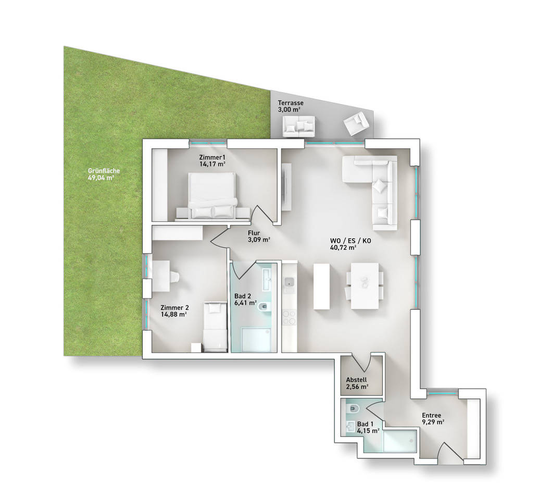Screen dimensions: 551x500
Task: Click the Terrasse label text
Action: (x=290, y=103)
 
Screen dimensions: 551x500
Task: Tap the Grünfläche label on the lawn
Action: (x=104, y=171)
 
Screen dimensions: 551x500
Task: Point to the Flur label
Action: (x=254, y=233)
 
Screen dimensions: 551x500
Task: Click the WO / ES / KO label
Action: (x=350, y=241)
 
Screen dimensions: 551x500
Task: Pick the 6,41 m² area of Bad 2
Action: (x=245, y=303)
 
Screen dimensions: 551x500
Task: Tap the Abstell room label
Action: (x=356, y=380)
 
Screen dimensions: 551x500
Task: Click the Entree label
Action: (x=431, y=415)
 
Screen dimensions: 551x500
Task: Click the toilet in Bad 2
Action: (x=264, y=307)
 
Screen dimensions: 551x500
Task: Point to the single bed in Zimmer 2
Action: (x=215, y=327)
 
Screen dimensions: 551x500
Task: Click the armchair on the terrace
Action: (x=356, y=123)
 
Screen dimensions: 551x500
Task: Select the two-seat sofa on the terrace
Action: (x=298, y=126)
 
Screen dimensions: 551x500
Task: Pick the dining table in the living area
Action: (x=365, y=286)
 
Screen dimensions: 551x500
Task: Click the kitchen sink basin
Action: (x=290, y=281)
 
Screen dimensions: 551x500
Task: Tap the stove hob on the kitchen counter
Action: (x=290, y=317)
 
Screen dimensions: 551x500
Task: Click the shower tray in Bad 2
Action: (x=256, y=340)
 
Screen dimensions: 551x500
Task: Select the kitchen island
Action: (x=321, y=286)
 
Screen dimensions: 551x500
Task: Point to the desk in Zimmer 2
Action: (x=161, y=276)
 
